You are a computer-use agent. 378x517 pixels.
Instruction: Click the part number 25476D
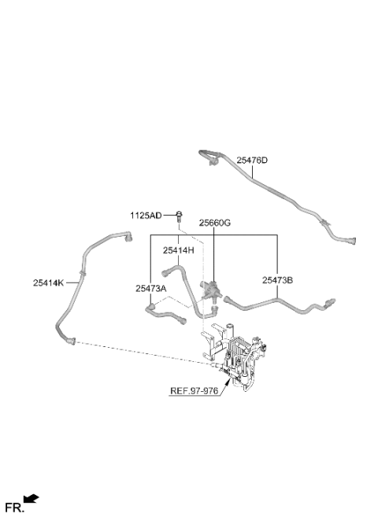tap(252, 161)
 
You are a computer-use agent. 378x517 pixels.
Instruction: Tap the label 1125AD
tap(146, 216)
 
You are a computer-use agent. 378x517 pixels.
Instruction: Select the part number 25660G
tap(214, 223)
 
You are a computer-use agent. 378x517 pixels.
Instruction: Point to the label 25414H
tap(178, 250)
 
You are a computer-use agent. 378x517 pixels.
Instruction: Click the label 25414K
tap(48, 283)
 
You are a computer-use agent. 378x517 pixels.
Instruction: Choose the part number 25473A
tap(150, 289)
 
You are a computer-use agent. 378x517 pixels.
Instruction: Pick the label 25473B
tap(277, 280)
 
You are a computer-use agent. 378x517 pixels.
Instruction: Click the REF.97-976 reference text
tap(194, 391)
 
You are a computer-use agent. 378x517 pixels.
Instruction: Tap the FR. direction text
tap(15, 507)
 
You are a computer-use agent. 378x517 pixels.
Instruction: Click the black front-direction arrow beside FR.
tap(31, 499)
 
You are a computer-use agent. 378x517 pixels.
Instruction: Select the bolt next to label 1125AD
tap(179, 216)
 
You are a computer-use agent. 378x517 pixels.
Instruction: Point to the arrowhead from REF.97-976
tap(228, 382)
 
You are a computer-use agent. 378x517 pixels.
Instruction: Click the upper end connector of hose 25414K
tap(128, 236)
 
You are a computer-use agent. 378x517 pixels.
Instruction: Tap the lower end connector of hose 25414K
tap(71, 341)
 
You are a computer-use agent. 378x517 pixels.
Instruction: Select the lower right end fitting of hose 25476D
tap(351, 241)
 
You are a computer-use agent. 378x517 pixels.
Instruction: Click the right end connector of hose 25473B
tap(330, 301)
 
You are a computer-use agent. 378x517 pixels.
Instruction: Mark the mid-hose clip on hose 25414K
tap(82, 273)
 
